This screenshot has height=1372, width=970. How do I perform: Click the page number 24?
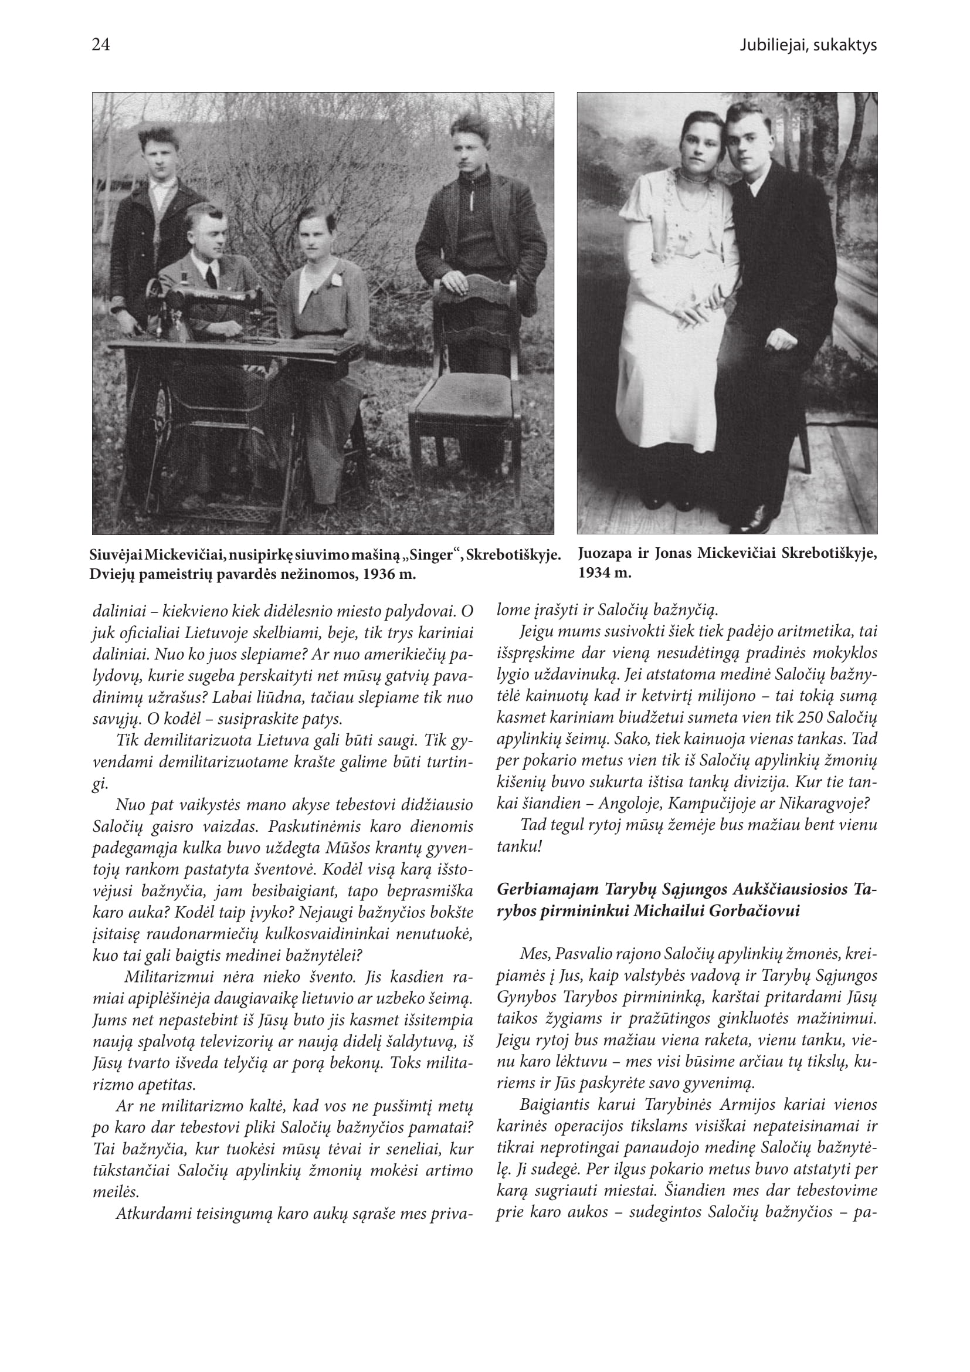[x=100, y=45]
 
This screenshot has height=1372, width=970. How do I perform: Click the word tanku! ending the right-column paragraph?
[x=518, y=847]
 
